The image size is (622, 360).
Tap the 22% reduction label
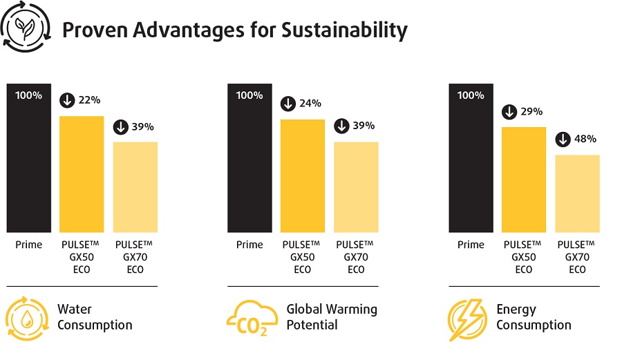(x=82, y=100)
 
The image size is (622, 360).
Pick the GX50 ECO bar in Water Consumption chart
(x=82, y=174)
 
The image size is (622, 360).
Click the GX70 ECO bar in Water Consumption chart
(x=135, y=187)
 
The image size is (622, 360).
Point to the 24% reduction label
(x=303, y=104)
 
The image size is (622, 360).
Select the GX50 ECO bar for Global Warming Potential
(x=303, y=176)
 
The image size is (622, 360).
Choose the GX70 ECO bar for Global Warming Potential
(x=356, y=187)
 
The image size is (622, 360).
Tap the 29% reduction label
(x=524, y=111)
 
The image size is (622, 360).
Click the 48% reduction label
(x=577, y=139)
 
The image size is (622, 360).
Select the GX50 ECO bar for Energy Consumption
(x=524, y=180)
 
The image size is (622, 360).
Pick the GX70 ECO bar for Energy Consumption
(x=577, y=193)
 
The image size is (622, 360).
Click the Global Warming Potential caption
(x=332, y=316)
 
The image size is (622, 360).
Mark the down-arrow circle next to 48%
(x=563, y=139)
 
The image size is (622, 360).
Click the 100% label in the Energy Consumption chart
(x=471, y=95)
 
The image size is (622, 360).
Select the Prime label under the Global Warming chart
(x=249, y=245)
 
